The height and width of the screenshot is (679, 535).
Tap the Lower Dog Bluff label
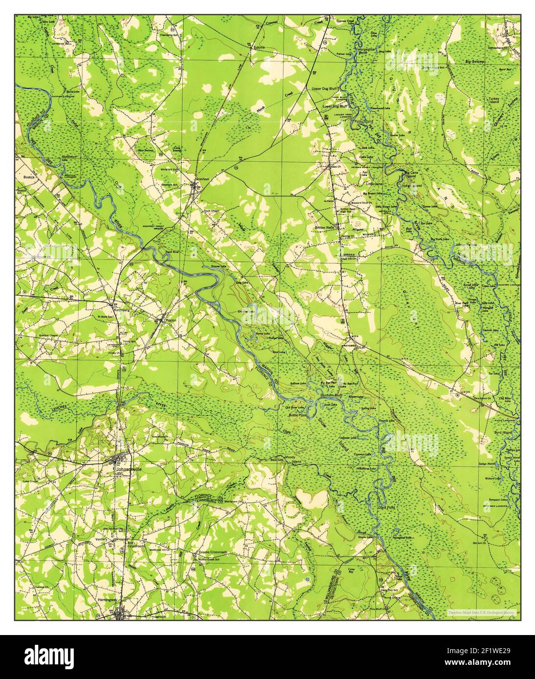[x=334, y=106]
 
